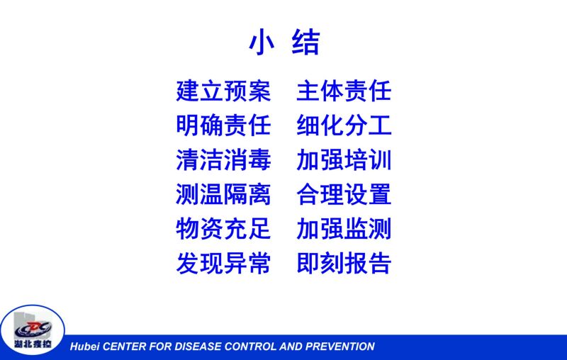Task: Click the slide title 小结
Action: click(284, 43)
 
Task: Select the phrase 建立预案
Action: click(223, 91)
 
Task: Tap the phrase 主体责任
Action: click(344, 91)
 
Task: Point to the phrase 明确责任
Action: click(223, 125)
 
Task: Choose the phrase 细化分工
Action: click(344, 125)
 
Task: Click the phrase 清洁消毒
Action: click(223, 159)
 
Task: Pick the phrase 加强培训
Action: click(344, 159)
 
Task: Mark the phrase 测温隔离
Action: click(223, 194)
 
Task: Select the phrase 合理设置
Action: click(344, 194)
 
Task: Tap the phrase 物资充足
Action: click(223, 228)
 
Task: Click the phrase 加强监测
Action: click(344, 228)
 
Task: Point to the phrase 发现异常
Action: click(223, 263)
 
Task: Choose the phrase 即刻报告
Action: click(344, 263)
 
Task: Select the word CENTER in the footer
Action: click(125, 347)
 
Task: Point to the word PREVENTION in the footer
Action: click(340, 347)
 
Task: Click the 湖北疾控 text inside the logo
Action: click(33, 344)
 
